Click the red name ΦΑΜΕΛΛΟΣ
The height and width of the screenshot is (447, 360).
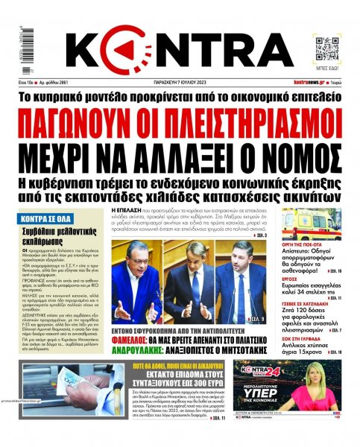tap(135, 334)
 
